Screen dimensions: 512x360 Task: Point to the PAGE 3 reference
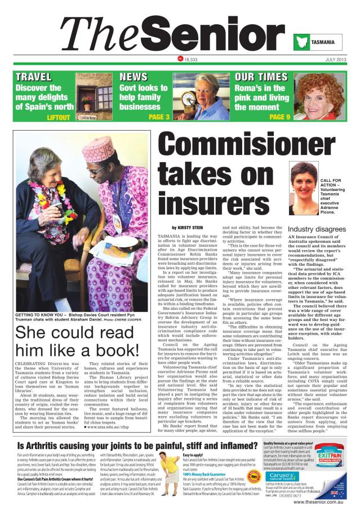(159, 117)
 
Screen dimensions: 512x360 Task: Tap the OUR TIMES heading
(261, 76)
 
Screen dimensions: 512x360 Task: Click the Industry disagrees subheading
(301, 230)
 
